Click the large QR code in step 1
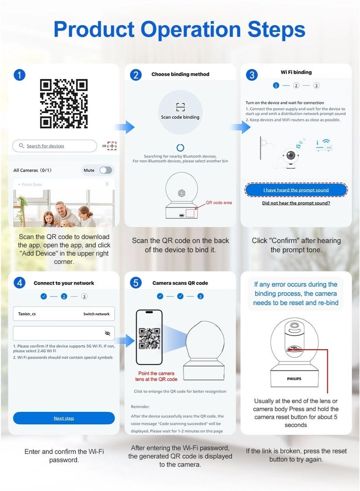(64, 104)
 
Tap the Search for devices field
(54, 146)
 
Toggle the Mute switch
(106, 170)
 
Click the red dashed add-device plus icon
(112, 146)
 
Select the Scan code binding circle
(180, 112)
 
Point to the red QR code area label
(219, 203)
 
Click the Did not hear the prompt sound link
(296, 203)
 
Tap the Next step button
(64, 418)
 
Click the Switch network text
(96, 314)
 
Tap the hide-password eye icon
(108, 333)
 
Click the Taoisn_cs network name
(27, 314)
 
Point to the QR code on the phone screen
(150, 338)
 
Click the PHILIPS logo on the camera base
(294, 378)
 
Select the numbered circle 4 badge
(19, 283)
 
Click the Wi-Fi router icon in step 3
(324, 145)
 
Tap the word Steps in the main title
(276, 30)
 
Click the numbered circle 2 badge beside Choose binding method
(136, 75)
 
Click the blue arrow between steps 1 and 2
(125, 127)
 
